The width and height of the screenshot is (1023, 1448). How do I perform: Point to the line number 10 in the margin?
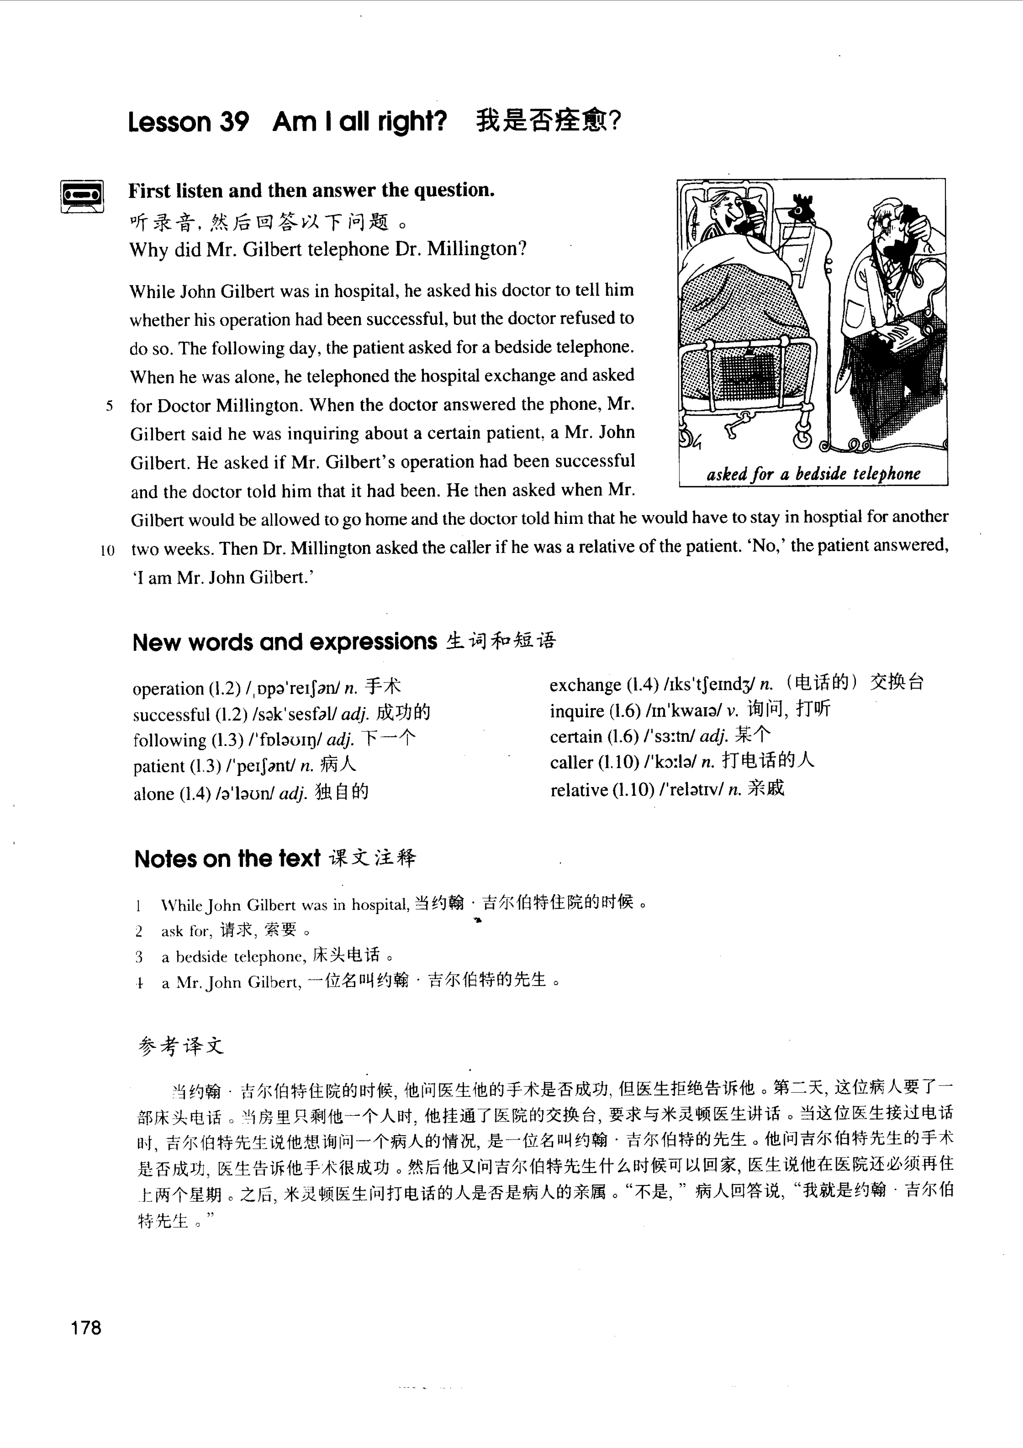pos(107,550)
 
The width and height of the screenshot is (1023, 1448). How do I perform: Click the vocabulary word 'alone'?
pos(153,793)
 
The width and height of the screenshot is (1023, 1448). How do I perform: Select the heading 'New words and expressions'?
pos(284,642)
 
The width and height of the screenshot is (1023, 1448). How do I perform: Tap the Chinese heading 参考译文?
pos(181,1047)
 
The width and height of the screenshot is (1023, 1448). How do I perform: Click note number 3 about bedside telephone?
pos(139,957)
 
